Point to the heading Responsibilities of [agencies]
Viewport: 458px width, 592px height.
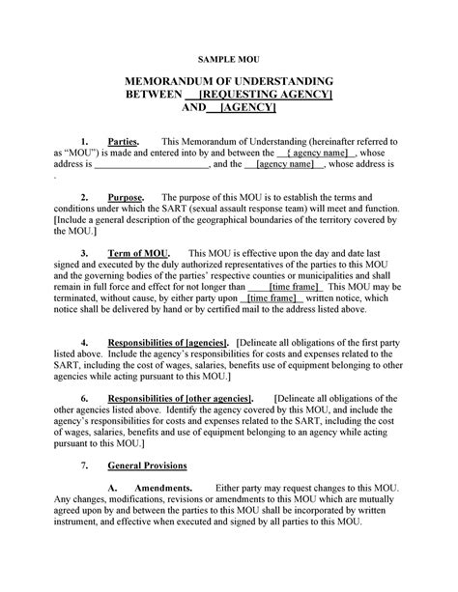point(168,343)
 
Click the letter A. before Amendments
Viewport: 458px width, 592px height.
point(113,488)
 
